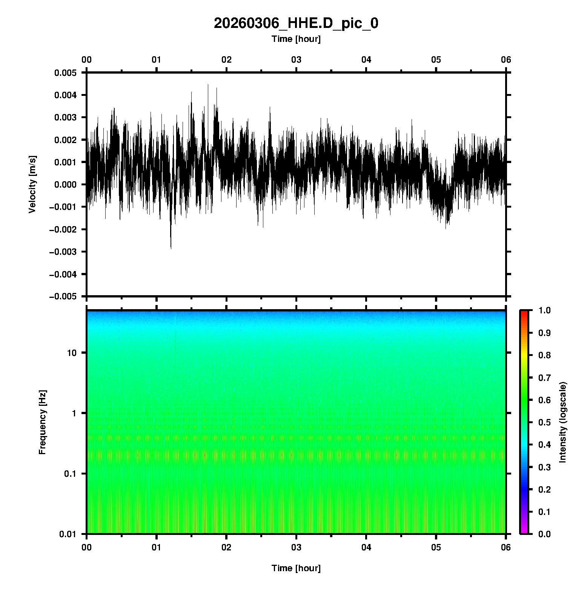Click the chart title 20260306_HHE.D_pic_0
coord(296,23)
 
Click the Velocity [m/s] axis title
coord(32,184)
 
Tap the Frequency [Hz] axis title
coord(42,422)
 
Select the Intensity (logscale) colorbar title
coord(563,422)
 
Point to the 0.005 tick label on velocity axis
coord(65,73)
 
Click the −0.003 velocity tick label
coord(63,252)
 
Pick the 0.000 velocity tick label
coord(65,185)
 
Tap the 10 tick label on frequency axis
coord(71,353)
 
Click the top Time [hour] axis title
coord(296,39)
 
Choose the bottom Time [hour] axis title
coord(296,568)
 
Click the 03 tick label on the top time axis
coord(296,60)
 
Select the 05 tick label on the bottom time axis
coord(436,547)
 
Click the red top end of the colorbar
coord(524,312)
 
